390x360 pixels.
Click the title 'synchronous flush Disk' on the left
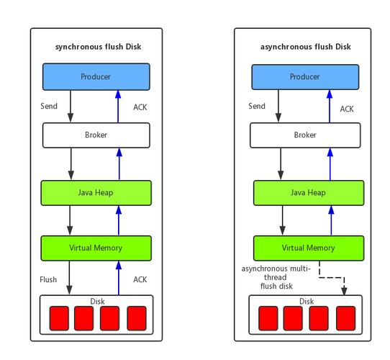point(98,47)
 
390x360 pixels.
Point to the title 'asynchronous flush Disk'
point(305,47)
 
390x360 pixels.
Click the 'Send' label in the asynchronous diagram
point(257,106)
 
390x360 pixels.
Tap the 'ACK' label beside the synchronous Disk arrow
point(141,279)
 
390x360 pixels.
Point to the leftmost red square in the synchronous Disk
point(59,318)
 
